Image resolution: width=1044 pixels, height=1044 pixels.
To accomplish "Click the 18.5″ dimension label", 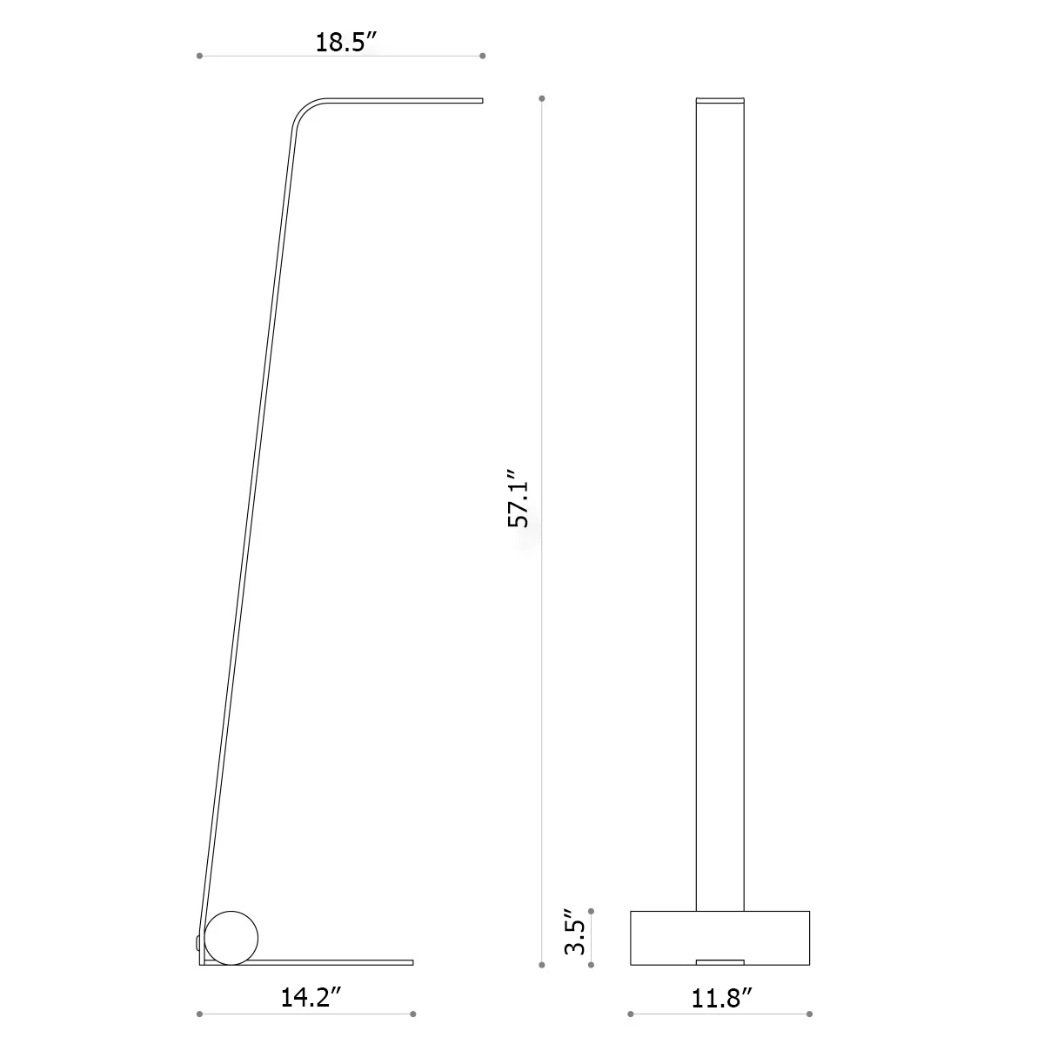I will (x=340, y=43).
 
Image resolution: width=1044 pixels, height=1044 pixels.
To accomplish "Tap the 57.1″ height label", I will (x=519, y=500).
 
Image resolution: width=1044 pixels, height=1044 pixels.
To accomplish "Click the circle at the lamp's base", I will (x=231, y=936).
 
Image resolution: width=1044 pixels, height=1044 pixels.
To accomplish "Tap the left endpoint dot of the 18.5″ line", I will (x=200, y=56).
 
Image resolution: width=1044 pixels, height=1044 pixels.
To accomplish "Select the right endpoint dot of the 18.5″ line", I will (x=483, y=56).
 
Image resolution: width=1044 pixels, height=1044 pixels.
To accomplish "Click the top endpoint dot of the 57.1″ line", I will (x=542, y=98).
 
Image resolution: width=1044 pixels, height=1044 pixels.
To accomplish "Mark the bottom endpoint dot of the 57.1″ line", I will (x=542, y=964).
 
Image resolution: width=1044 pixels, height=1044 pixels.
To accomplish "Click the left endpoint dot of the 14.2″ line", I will (x=200, y=1014).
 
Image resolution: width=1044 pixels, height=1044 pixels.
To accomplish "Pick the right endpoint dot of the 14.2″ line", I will (x=413, y=1014).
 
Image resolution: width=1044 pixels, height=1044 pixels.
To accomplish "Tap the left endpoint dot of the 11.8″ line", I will (x=630, y=1014).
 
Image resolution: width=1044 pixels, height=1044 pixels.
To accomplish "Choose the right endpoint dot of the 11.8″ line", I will (x=810, y=1014).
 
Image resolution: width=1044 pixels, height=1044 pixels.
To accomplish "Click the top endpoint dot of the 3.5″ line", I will (x=592, y=911).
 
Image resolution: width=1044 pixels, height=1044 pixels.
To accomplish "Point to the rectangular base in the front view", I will (x=719, y=938).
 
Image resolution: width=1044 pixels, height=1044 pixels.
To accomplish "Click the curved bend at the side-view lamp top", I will (x=304, y=111).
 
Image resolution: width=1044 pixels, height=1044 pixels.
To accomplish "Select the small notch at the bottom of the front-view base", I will (x=719, y=961).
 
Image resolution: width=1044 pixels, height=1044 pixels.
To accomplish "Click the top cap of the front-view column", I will (x=719, y=99).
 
